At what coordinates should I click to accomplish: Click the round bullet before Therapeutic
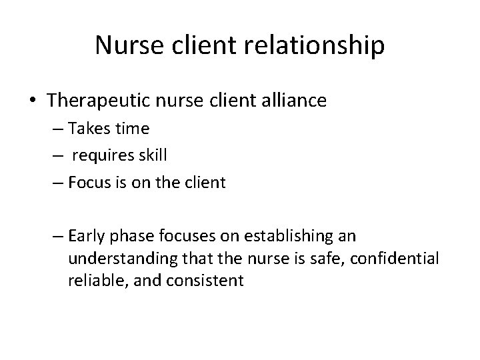tap(34, 101)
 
